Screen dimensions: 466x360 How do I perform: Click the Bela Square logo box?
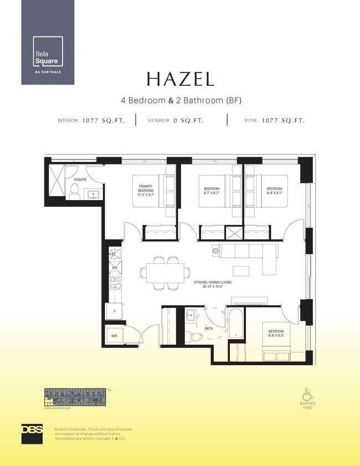[x=48, y=52]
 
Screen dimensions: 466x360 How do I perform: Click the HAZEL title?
[x=180, y=79]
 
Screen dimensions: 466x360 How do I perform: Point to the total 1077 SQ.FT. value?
[x=283, y=120]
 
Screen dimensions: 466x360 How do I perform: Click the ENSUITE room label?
[x=80, y=180]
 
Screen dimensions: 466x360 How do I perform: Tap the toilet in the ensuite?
[x=74, y=192]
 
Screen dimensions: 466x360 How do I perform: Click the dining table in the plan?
[x=162, y=272]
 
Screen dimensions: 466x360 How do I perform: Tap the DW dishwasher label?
[x=115, y=268]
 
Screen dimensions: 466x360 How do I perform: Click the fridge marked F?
[x=114, y=311]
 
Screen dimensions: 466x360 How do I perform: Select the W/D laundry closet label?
[x=114, y=336]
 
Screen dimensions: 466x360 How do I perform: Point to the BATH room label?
[x=208, y=329]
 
